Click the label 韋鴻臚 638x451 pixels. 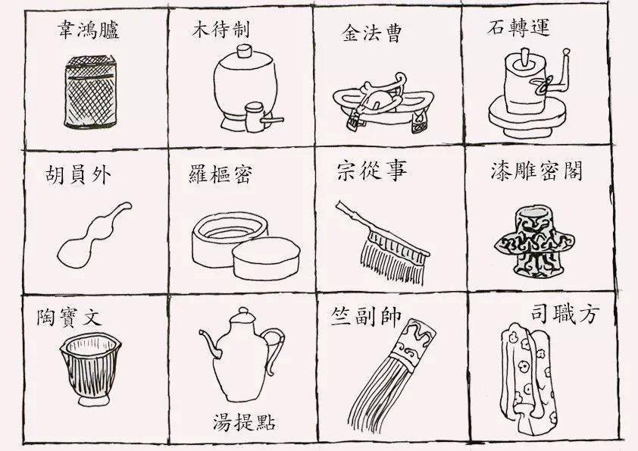pos(89,31)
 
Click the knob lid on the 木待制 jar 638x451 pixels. pos(244,52)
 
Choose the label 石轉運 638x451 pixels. pos(518,29)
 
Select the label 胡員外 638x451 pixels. pos(78,177)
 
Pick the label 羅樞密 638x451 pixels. pos(220,175)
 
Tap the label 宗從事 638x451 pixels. pos(371,171)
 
